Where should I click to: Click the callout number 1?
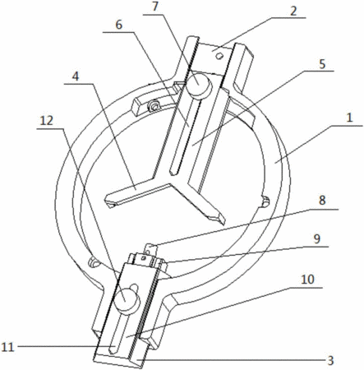[349, 118]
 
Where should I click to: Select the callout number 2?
[293, 12]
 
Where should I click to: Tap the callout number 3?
[331, 361]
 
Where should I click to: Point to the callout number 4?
[76, 76]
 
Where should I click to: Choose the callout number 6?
[118, 25]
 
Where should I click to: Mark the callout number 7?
[155, 7]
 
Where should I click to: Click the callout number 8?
[322, 201]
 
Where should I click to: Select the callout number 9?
[316, 238]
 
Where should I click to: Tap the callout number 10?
[307, 280]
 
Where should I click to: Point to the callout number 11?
[7, 348]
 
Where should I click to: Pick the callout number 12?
[47, 121]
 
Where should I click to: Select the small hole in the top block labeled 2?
[219, 57]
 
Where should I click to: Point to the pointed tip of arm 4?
[108, 202]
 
